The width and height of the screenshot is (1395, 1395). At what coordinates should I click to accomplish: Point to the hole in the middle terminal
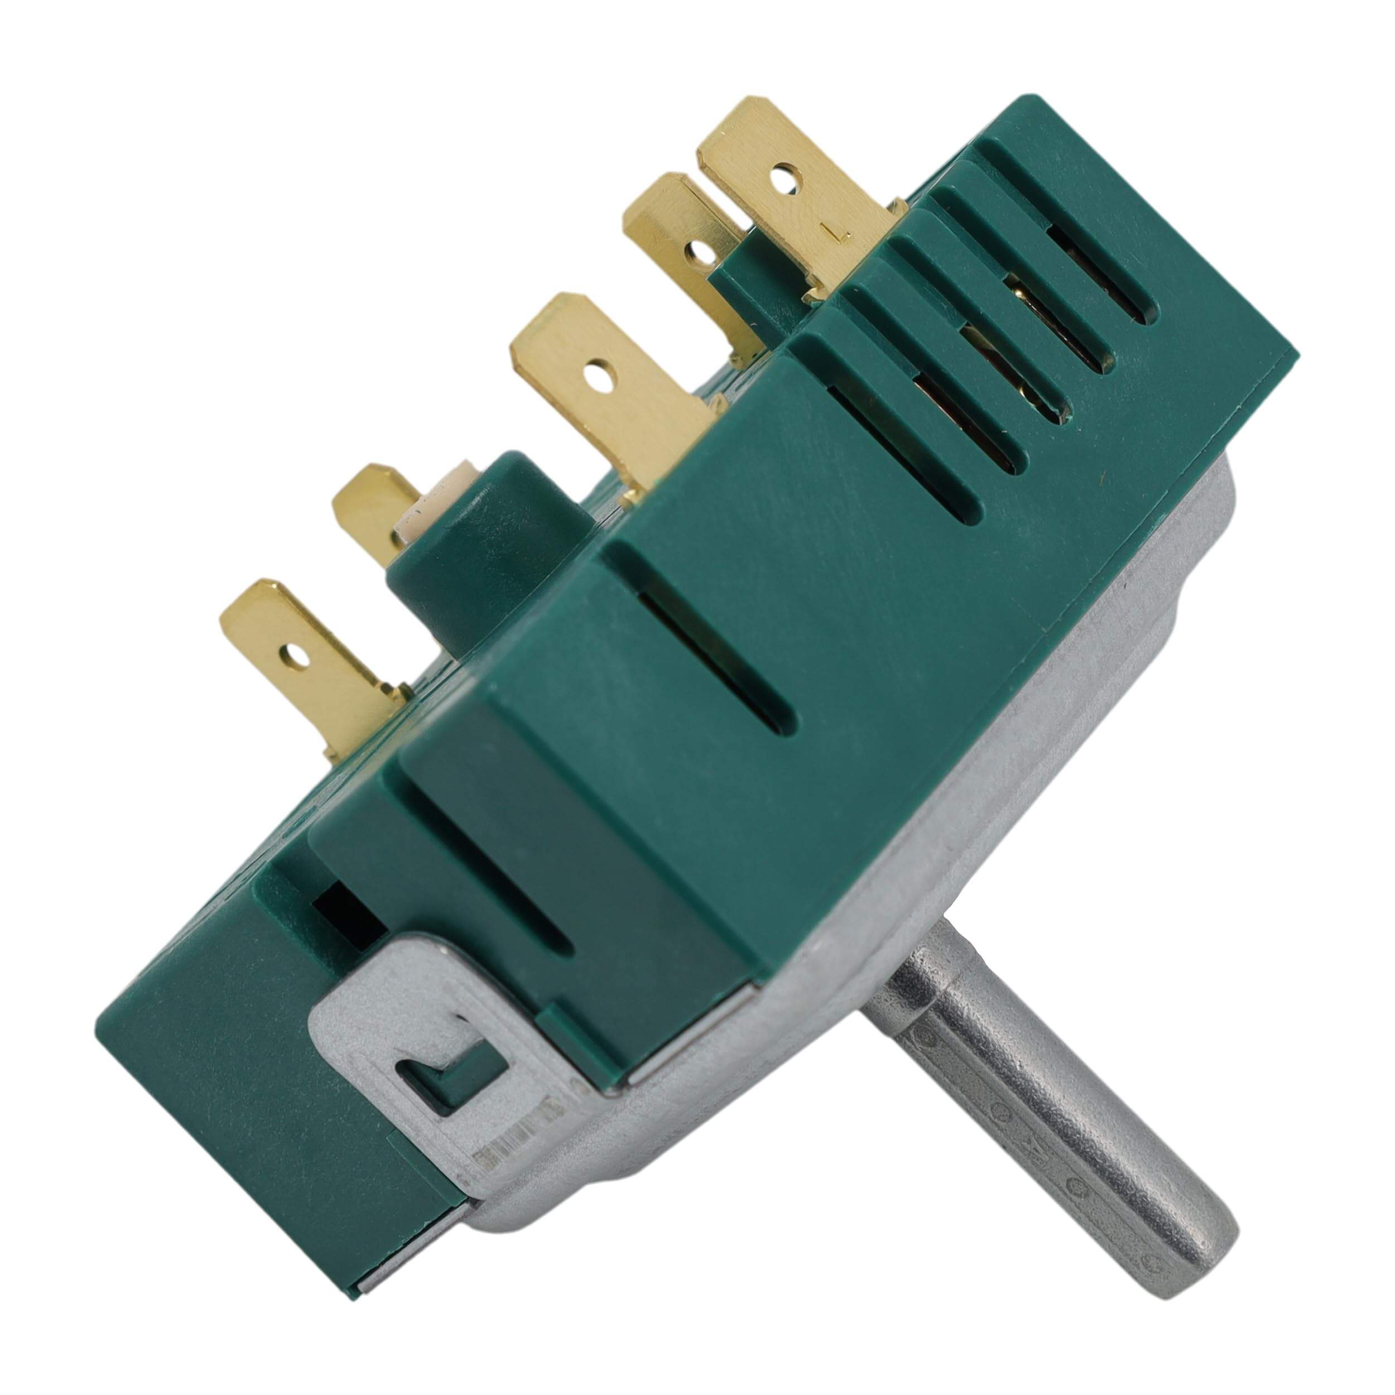tap(594, 376)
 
